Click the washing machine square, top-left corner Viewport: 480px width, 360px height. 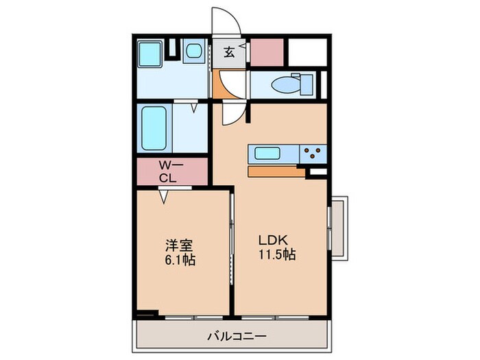pos(149,54)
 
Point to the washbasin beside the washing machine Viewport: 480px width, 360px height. pos(193,51)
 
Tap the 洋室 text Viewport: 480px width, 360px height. pos(175,243)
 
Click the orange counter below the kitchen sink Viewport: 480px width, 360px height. pos(274,171)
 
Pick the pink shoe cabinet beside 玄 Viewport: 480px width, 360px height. pos(267,51)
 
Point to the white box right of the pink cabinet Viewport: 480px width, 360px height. pos(307,51)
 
